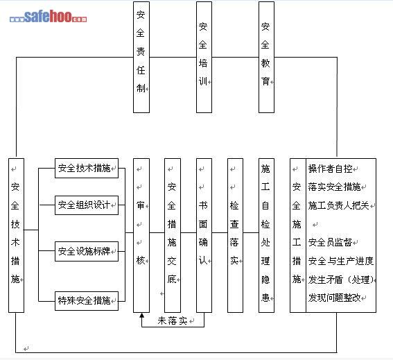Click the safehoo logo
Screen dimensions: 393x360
pos(48,17)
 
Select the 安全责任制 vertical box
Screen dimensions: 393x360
pos(141,57)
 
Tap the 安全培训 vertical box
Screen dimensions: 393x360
pos(204,57)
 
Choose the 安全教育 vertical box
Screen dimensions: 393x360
pos(266,57)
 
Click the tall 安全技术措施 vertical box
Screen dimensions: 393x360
pos(17,235)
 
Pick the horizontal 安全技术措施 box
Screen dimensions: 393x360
pos(87,168)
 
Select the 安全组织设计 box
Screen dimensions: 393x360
pos(87,205)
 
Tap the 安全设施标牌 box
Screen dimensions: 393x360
pos(87,251)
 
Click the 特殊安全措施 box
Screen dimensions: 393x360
pos(87,301)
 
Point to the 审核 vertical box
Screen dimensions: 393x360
pos(141,235)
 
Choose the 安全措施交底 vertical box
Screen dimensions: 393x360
pos(173,235)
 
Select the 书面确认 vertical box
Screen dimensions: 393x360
pos(204,235)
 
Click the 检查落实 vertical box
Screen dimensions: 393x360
pos(235,235)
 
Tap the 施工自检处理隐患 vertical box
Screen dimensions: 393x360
pos(266,235)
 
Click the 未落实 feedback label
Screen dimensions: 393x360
pos(173,321)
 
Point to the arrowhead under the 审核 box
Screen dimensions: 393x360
pos(142,316)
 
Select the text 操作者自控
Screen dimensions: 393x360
pos(331,169)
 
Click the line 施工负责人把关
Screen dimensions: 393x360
pos(339,206)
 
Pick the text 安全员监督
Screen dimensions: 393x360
pos(330,242)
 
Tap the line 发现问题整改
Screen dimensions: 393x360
pos(334,298)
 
